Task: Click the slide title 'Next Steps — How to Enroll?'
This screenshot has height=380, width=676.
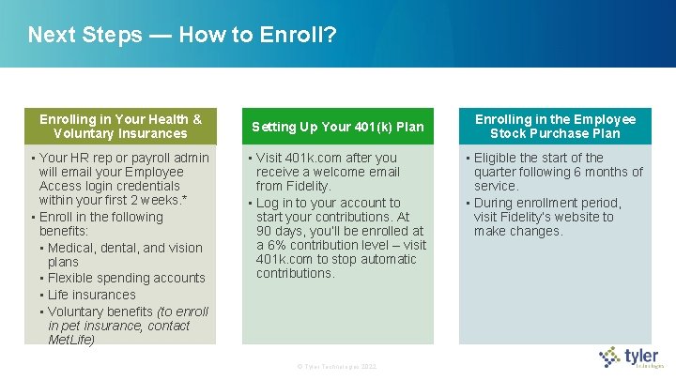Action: point(182,36)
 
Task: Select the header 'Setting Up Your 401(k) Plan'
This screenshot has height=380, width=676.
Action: point(338,127)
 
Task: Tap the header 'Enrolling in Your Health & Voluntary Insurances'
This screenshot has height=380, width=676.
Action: point(120,127)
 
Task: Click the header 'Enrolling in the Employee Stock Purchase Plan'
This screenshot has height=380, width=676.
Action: point(555,127)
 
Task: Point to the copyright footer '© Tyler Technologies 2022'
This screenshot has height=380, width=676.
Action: point(336,365)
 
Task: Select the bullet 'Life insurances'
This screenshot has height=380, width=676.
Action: point(92,295)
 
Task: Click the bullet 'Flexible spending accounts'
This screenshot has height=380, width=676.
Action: point(126,278)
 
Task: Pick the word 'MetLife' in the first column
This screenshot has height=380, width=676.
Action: point(71,340)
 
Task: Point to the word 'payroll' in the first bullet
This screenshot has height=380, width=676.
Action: point(150,158)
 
